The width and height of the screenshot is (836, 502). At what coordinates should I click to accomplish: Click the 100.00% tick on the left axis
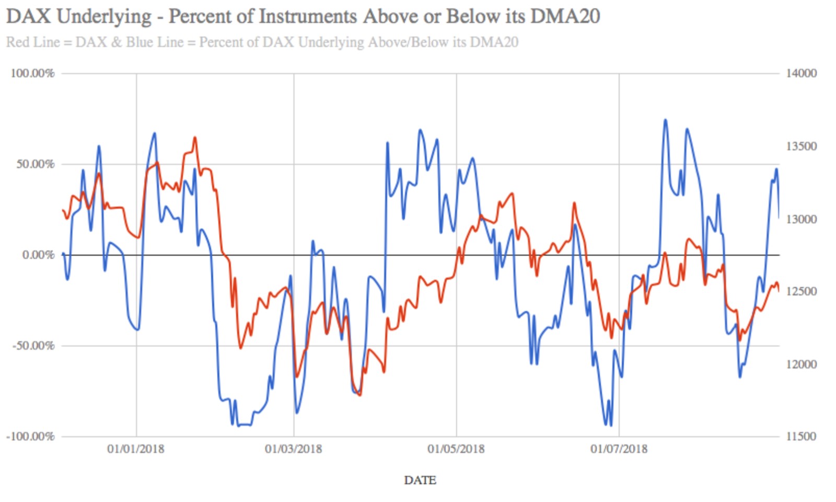(x=32, y=73)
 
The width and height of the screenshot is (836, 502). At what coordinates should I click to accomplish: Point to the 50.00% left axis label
(x=35, y=164)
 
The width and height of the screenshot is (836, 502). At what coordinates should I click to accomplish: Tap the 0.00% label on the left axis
(x=38, y=255)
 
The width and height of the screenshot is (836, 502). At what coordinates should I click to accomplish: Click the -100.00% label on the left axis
(x=30, y=437)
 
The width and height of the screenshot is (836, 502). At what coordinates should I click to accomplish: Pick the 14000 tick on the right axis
(x=802, y=73)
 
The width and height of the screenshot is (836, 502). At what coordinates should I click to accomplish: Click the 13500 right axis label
(x=802, y=146)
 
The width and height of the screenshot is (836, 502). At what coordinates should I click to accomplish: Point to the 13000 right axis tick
(x=802, y=219)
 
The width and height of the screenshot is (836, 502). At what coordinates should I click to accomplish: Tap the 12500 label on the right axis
(x=802, y=291)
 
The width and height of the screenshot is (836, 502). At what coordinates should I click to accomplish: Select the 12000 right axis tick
(x=802, y=364)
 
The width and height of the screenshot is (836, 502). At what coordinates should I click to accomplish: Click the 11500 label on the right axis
(x=801, y=437)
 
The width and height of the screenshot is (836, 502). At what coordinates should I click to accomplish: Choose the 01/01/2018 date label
(x=136, y=449)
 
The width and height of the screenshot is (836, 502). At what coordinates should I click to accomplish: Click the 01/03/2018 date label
(x=293, y=449)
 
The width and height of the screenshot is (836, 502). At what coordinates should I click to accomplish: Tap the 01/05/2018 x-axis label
(x=456, y=449)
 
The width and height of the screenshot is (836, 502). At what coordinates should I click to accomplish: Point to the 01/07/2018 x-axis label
(x=619, y=449)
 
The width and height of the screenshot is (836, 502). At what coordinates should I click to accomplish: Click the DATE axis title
(x=420, y=480)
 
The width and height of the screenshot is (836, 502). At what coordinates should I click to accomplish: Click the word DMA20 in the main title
(x=565, y=16)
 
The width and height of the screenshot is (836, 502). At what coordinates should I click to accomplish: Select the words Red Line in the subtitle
(x=33, y=42)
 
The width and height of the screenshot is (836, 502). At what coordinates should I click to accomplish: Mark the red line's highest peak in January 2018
(x=195, y=138)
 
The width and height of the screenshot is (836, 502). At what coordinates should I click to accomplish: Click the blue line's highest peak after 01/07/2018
(x=665, y=120)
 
